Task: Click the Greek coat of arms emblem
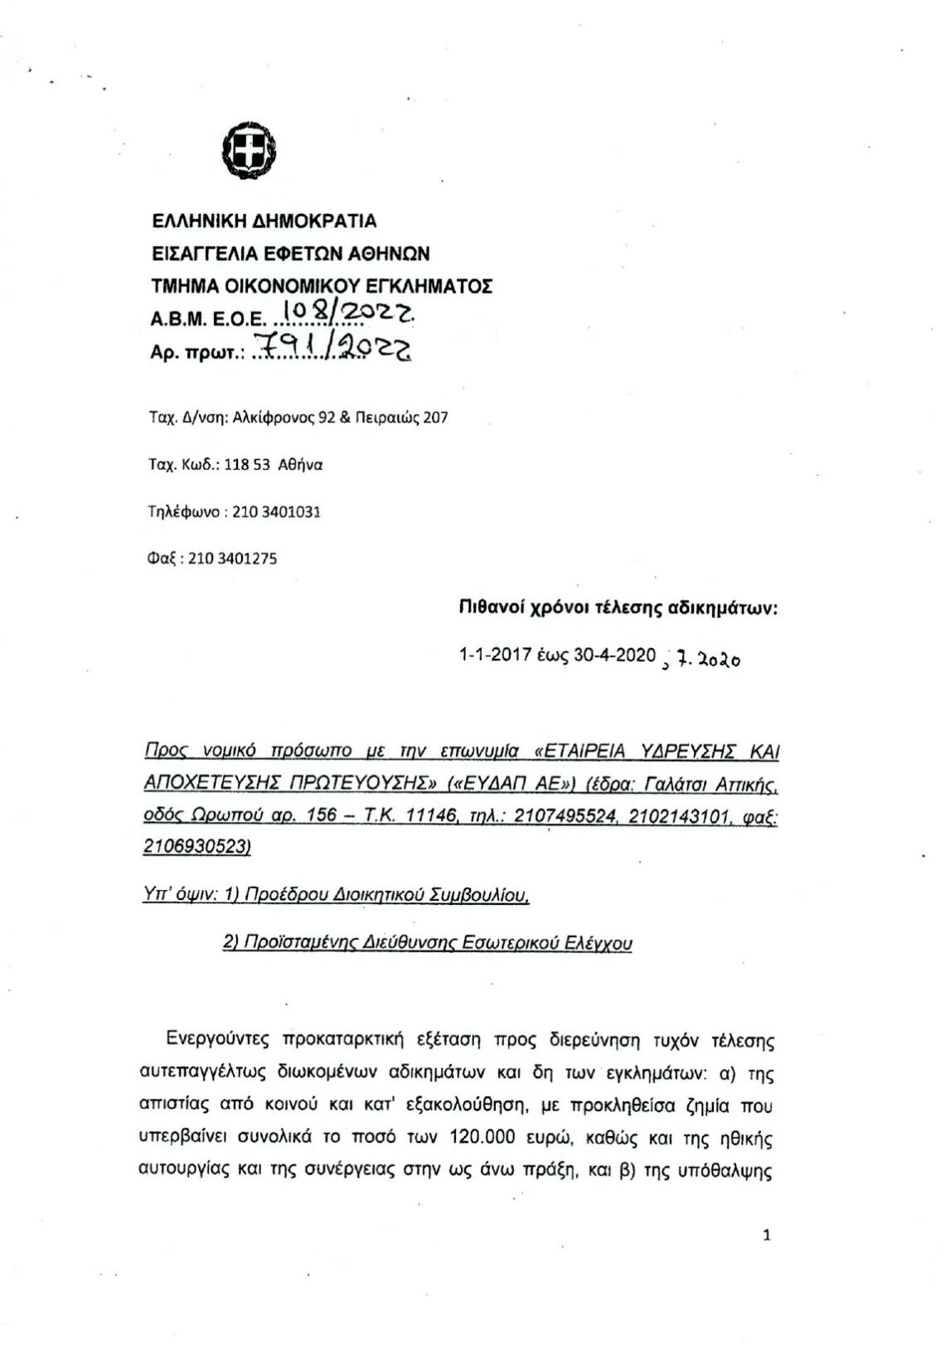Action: tap(249, 151)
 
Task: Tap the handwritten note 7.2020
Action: tap(706, 660)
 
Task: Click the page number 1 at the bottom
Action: tap(766, 1236)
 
